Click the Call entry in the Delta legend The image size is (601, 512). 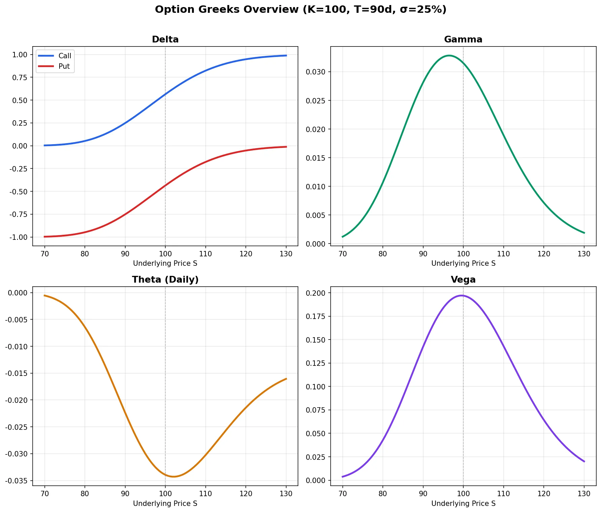(65, 56)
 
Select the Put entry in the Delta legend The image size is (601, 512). (64, 66)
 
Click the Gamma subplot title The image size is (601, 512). (463, 39)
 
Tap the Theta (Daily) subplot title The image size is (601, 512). (165, 280)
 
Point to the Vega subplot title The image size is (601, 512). (463, 280)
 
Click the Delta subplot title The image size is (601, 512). (165, 39)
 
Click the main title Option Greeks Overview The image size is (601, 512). (300, 9)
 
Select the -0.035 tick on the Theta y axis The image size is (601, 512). (16, 481)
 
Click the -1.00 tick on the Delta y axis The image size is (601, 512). (19, 237)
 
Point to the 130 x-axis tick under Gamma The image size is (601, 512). (584, 254)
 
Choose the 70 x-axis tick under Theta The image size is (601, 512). (44, 494)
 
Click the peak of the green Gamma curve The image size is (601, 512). (449, 56)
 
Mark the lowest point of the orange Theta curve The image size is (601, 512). (173, 477)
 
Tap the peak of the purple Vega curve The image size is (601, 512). (461, 295)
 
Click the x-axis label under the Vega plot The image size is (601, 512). (463, 504)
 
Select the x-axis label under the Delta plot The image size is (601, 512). (165, 263)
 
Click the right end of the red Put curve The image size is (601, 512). (286, 147)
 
